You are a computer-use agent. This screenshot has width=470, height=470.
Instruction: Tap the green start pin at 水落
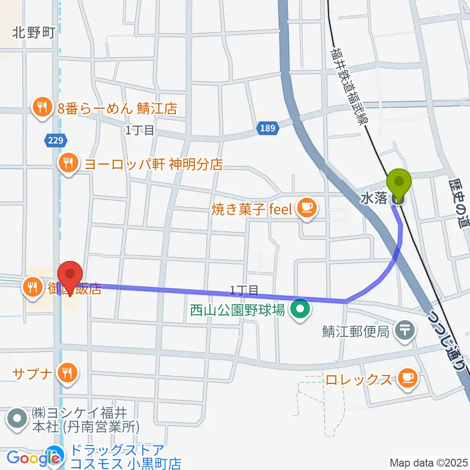tap(399, 183)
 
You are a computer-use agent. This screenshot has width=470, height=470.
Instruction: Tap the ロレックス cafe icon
tap(408, 378)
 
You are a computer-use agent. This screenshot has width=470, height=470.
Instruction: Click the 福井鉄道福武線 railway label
tap(348, 86)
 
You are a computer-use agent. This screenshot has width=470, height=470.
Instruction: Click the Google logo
tap(30, 458)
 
